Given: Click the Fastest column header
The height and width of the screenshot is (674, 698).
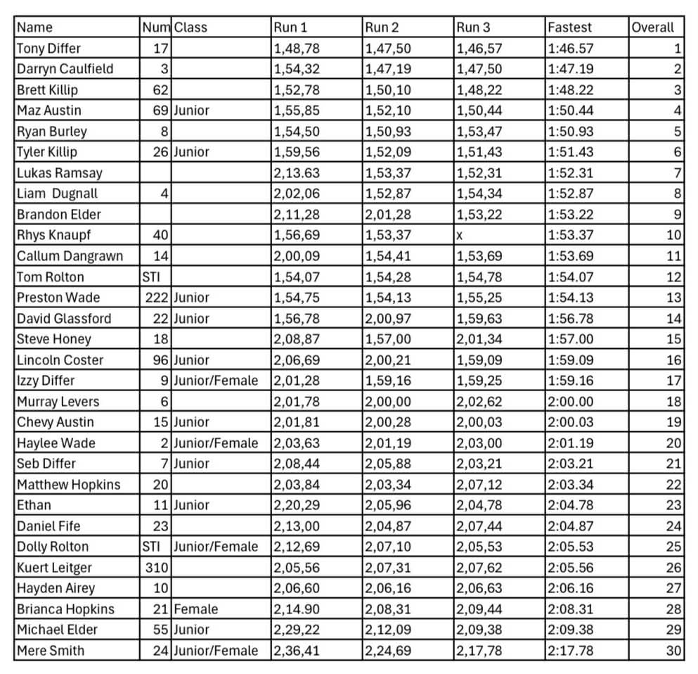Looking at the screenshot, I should (569, 27).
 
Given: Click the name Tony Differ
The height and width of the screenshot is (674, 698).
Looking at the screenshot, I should (49, 49).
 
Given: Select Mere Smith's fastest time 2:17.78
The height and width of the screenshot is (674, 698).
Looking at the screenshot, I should (570, 651).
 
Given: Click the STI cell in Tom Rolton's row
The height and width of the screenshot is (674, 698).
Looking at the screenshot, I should (151, 277).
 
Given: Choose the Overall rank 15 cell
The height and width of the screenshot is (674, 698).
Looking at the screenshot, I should (674, 339).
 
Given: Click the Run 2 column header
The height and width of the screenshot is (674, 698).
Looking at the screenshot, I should (382, 27).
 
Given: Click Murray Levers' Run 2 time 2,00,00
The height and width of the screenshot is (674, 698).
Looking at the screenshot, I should (388, 402).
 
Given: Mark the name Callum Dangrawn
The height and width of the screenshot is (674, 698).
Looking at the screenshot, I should (70, 256).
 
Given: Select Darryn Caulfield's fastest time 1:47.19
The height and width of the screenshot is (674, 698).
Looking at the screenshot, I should (570, 69).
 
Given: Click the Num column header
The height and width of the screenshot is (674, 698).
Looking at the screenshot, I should (156, 27).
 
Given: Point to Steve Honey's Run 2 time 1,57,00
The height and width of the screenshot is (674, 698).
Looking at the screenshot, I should (388, 339).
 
